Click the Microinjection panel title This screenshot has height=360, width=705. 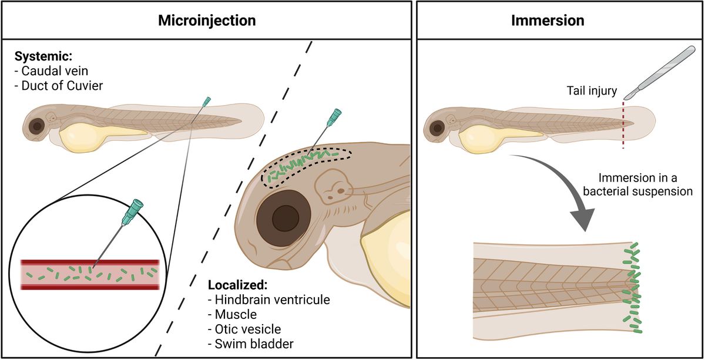click(207, 21)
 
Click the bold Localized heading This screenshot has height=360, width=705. click(237, 285)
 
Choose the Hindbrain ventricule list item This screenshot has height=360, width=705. click(269, 300)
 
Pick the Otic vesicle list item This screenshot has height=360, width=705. click(244, 329)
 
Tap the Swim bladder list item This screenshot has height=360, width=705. click(247, 344)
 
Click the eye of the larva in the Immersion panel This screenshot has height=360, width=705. click(437, 127)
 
